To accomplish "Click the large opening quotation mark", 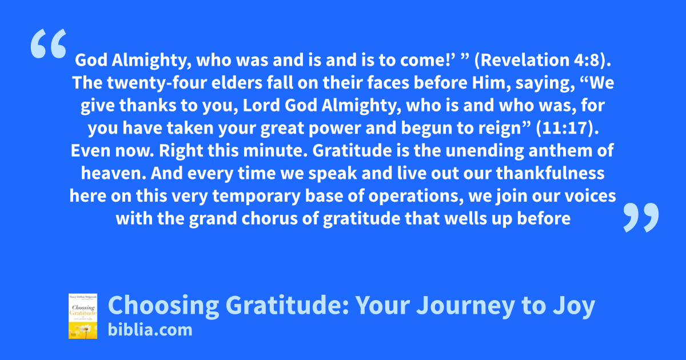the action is coord(49,43).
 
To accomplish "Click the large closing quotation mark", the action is coord(641,217).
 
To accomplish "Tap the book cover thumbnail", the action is coord(83,316).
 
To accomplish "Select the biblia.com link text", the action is coord(150,330).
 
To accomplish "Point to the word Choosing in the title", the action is coord(163,305).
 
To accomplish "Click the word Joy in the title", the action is coord(574,305).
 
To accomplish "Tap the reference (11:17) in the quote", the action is coord(567,127).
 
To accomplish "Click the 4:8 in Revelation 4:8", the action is coord(588,59).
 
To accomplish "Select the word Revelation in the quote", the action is coord(525,59).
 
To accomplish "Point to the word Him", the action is coord(491,83).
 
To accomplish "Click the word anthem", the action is coord(560,151).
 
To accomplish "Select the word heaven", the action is coord(113,173).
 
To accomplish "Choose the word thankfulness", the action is coord(551,173).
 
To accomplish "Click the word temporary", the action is coord(256,196).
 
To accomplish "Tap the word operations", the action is coord(416,196).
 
